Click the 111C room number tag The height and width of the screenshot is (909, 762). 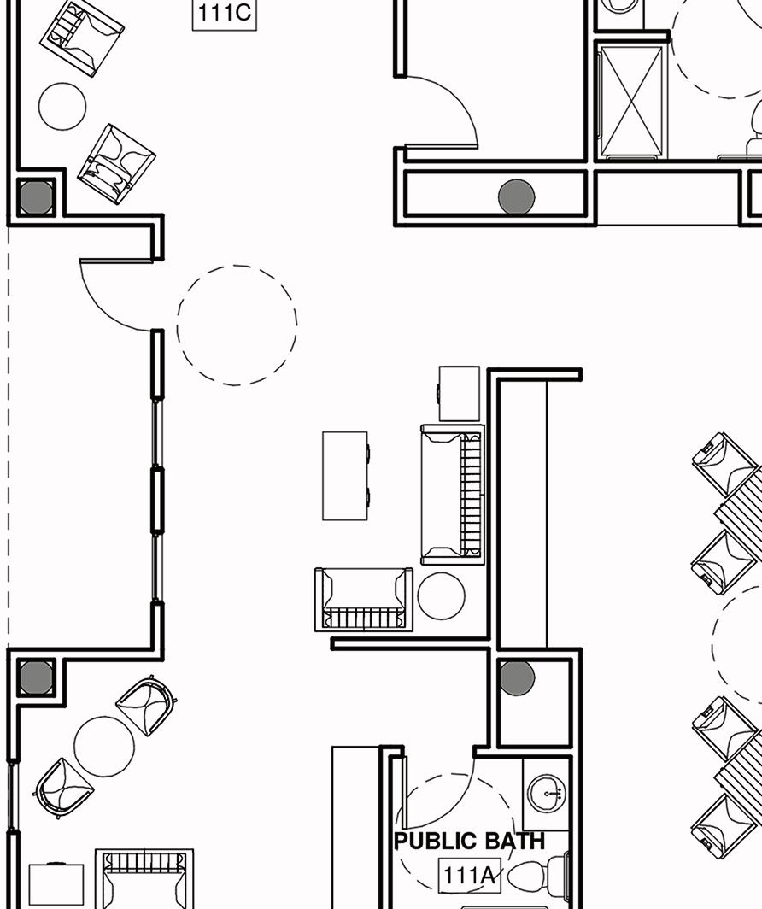click(x=225, y=15)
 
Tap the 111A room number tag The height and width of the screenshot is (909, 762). click(x=469, y=876)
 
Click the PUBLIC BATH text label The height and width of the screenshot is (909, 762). click(x=469, y=842)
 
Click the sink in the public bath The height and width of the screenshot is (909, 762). click(x=545, y=795)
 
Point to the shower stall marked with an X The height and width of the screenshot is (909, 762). click(x=631, y=102)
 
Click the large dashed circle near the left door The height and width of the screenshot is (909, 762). click(x=237, y=325)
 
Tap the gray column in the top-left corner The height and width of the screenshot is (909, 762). click(x=36, y=198)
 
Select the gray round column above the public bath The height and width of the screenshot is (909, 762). click(x=517, y=678)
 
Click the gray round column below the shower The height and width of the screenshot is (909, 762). click(x=516, y=197)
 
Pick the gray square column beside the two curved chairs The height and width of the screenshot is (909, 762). click(x=36, y=678)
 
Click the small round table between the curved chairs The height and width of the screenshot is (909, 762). click(x=104, y=746)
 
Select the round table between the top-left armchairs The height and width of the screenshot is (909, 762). click(x=62, y=106)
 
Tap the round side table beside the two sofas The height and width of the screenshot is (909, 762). click(x=441, y=595)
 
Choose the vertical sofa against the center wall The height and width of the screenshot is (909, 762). click(x=453, y=495)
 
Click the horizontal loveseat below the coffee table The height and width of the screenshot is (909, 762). click(x=364, y=599)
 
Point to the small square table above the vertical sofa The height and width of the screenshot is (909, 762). click(x=459, y=393)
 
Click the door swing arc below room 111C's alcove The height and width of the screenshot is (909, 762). click(x=115, y=295)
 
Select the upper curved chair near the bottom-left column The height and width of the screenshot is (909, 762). click(x=147, y=705)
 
